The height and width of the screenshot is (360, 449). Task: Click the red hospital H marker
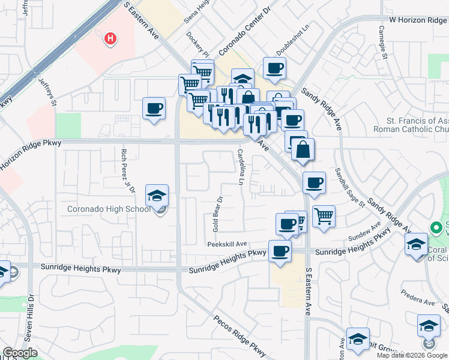[x=110, y=40]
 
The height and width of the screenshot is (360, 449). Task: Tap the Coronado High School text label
[x=109, y=209]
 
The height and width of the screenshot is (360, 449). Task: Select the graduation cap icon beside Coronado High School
[x=157, y=196]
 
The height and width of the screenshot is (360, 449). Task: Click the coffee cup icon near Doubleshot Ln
[x=274, y=69]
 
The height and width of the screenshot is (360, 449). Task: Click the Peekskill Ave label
[x=228, y=244]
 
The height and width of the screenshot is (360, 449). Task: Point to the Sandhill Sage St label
[x=350, y=187]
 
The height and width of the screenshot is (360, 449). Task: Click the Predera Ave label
[x=419, y=302]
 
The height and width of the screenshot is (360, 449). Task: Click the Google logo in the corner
[x=20, y=353]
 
